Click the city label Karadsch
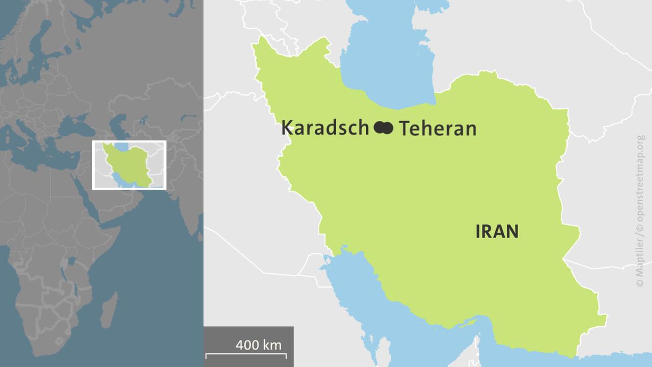pos(324,128)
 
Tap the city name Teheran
pos(438,128)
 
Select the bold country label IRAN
pos(497,232)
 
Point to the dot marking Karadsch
pos(379,128)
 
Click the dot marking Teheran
pos(388,128)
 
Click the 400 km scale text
pos(258,345)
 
